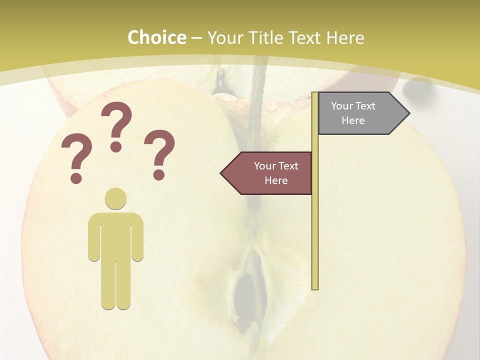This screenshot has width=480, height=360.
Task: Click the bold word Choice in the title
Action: click(x=156, y=37)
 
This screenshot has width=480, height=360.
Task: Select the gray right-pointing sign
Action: click(x=357, y=113)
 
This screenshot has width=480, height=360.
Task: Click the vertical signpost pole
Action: click(x=315, y=225)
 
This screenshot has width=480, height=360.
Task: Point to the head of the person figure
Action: click(x=115, y=198)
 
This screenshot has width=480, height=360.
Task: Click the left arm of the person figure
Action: click(x=93, y=237)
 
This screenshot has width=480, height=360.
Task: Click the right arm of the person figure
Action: click(x=138, y=237)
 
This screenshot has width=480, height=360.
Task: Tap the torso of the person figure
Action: click(x=115, y=235)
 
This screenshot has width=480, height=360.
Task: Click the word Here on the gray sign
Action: click(x=353, y=120)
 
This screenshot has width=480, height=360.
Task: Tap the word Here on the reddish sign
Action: click(x=276, y=180)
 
